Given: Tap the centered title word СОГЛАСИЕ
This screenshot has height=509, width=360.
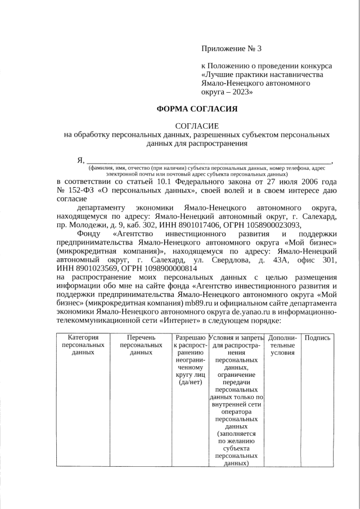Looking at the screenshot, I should click(x=196, y=126).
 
